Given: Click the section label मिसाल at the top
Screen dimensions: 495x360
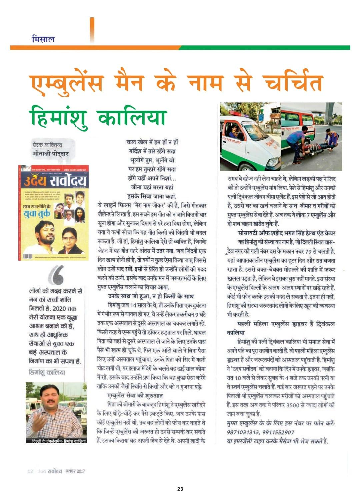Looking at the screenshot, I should pos(43,39).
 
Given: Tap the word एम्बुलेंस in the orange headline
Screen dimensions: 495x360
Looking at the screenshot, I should pos(67,83).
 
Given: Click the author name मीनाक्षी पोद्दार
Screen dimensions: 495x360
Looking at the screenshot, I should pos(50,154).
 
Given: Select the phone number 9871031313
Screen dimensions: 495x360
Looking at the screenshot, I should pos(242,432).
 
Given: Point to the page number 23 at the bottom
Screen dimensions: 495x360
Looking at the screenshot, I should pos(180,489).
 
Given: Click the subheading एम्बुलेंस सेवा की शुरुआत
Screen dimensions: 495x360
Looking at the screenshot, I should pos(135,396).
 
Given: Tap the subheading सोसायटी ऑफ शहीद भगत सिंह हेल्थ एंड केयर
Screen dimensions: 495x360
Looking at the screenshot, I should pos(286,233).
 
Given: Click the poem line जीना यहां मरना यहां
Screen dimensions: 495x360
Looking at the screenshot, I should pos(152,187).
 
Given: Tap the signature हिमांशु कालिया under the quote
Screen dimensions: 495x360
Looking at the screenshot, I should pos(47,372).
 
